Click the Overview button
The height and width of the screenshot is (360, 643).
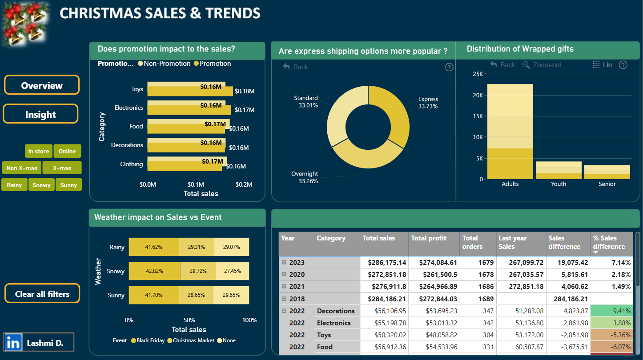click(42, 85)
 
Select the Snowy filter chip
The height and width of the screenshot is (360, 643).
click(41, 185)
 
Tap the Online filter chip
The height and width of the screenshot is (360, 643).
click(67, 151)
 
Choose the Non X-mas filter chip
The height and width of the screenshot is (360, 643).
click(22, 168)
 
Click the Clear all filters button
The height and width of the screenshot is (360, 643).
click(42, 293)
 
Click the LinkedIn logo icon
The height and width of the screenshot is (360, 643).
click(13, 342)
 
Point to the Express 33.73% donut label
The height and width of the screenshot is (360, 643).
click(428, 102)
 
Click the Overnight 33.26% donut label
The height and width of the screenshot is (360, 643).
click(305, 177)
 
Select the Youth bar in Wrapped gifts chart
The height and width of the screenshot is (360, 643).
click(559, 170)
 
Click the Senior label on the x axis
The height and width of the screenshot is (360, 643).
click(607, 184)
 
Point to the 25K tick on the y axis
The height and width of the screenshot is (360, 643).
click(478, 74)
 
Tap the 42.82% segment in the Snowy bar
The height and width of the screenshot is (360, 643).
click(154, 271)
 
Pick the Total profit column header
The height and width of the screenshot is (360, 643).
click(429, 238)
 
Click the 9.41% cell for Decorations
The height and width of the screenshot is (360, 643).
click(612, 311)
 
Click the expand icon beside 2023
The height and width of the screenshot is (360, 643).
click(284, 262)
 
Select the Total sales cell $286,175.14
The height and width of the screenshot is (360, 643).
click(387, 263)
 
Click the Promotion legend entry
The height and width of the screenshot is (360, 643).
click(213, 64)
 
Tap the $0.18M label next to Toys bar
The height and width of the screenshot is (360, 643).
click(245, 91)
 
